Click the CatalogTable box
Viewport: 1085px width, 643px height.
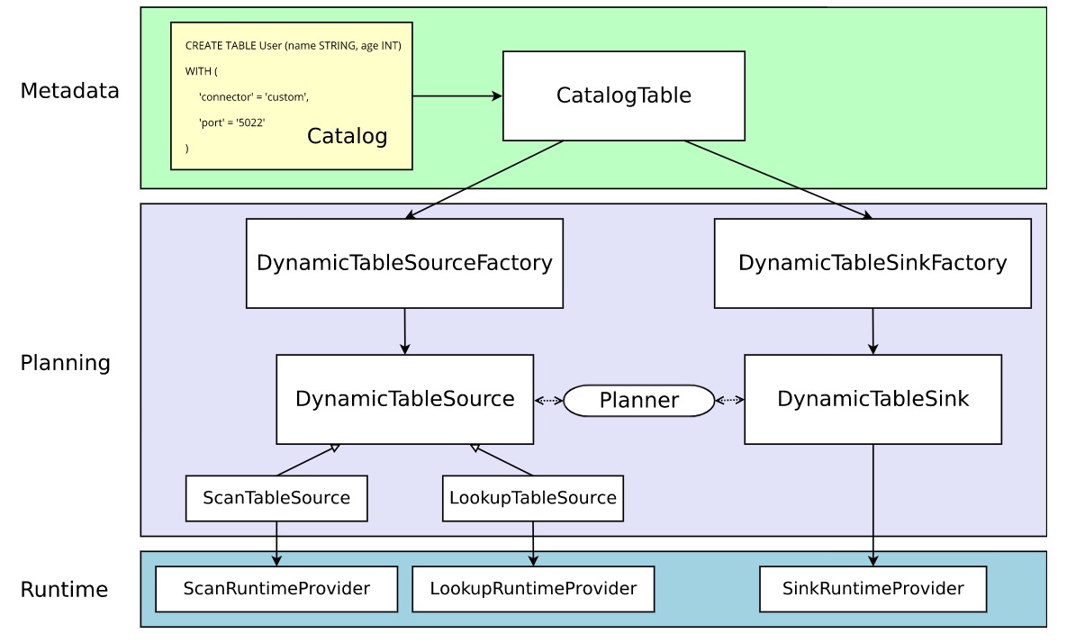coord(623,95)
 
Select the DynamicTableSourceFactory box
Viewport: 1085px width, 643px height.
coord(404,263)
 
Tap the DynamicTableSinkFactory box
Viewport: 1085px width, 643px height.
coord(872,263)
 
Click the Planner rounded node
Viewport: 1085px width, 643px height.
coord(638,400)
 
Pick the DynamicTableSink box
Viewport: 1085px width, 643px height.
coord(873,399)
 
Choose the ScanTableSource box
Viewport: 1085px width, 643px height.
coord(276,498)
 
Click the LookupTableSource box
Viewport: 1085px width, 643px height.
coord(532,498)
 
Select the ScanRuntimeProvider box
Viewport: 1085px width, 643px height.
coord(276,589)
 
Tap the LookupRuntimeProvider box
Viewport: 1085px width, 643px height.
coord(532,589)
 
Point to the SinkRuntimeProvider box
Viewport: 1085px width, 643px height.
coord(873,589)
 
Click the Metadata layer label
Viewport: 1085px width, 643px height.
coord(69,90)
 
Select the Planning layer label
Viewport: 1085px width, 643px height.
coord(66,363)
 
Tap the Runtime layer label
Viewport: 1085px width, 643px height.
coord(64,590)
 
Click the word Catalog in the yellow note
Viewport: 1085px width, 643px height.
coord(347,136)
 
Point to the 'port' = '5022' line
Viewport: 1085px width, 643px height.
coord(232,122)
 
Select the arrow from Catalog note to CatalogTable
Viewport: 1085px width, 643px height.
coord(457,95)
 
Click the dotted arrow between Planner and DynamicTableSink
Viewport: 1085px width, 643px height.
coord(729,400)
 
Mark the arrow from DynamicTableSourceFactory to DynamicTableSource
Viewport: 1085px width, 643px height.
coord(405,331)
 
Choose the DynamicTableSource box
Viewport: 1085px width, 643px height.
coord(404,399)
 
